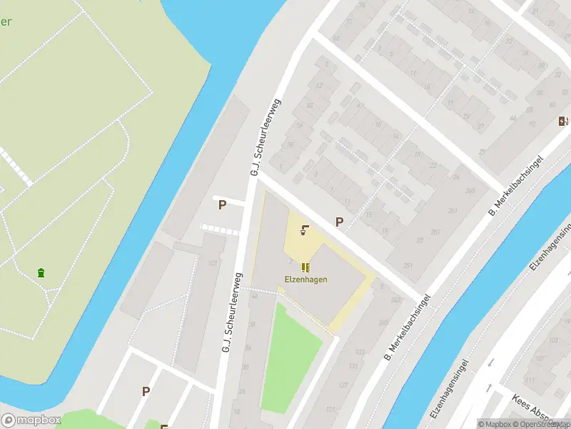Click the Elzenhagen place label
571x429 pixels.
[305, 280]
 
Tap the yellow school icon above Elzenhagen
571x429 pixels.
[305, 267]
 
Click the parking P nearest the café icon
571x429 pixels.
[339, 222]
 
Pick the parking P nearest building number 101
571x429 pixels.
[222, 204]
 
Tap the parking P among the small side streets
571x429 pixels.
[146, 391]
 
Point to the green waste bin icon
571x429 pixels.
[41, 272]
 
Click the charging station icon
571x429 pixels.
[562, 121]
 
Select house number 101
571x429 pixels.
[212, 264]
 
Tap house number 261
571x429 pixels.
[453, 210]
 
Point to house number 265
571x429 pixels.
[470, 190]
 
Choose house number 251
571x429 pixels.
[408, 266]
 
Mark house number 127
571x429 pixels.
[343, 385]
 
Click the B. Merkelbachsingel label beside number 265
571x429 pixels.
[515, 184]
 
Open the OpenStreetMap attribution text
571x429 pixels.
[542, 424]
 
